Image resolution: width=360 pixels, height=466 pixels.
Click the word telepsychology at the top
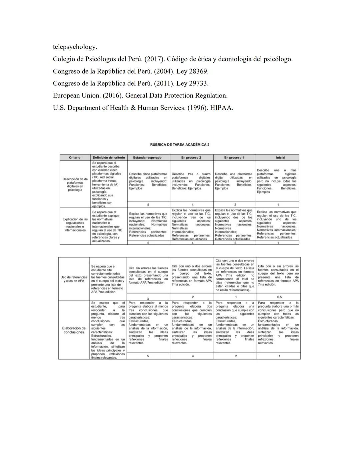(75, 47)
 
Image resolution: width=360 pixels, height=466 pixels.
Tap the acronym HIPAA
(221, 108)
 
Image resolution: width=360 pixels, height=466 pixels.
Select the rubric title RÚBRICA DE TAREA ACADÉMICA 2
(180, 145)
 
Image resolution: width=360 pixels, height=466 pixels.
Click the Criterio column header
(75, 157)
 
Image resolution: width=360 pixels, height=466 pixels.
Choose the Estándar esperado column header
(147, 157)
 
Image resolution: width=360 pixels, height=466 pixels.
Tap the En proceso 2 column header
(191, 157)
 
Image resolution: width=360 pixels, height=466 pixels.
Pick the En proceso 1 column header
(234, 157)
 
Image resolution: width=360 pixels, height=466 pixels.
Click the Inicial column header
(280, 157)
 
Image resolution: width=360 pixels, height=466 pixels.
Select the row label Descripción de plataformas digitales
(75, 184)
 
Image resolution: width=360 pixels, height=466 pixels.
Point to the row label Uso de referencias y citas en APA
(74, 279)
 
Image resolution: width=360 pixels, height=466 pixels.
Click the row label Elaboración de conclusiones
(74, 330)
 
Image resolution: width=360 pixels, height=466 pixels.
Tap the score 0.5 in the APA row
(279, 297)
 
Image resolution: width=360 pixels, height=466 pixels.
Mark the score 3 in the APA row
(148, 298)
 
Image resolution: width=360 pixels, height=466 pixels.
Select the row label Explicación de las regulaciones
(75, 224)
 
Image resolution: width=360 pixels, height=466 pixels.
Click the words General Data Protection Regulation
(176, 96)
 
